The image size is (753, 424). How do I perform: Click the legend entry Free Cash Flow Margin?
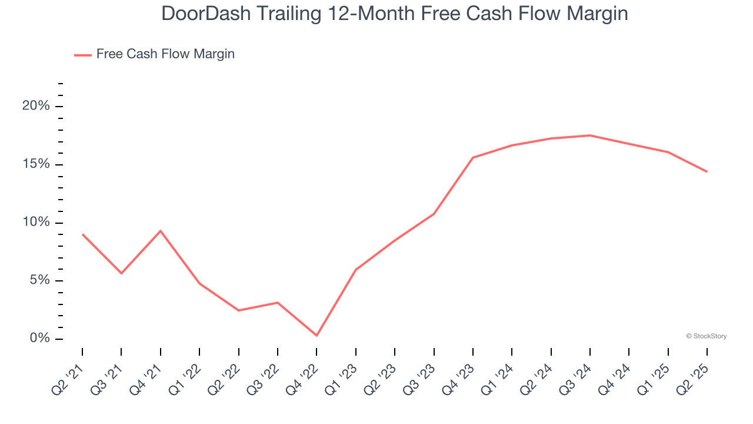coord(165,54)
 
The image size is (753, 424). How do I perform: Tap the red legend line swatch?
coord(83,55)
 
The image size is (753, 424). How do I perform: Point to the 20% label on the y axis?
coord(36,106)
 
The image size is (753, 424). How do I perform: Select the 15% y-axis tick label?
coord(36,164)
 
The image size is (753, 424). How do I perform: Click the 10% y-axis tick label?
coord(36,222)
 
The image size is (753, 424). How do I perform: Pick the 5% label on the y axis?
coord(39,280)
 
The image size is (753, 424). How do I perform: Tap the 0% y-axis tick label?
coord(39,339)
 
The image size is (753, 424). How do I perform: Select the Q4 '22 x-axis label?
coord(302,375)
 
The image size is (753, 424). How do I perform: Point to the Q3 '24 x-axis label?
coord(576,375)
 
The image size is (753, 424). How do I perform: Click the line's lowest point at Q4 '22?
coord(316,336)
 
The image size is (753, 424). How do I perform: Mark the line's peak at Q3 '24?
coord(590,135)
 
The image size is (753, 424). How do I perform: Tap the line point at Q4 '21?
coord(161,231)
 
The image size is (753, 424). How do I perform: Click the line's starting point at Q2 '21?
coord(82,234)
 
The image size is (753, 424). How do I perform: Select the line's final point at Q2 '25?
coord(707,171)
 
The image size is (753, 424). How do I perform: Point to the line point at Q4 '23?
coord(473,158)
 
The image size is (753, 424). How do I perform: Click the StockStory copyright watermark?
coord(707,336)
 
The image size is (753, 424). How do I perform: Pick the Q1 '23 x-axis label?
coord(342,375)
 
